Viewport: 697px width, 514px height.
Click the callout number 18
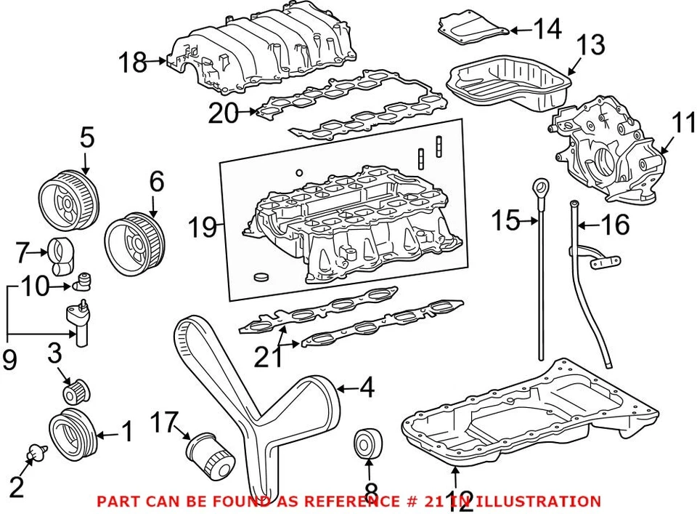(134, 63)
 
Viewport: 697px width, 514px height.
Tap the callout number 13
(591, 45)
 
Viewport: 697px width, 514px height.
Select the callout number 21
(268, 357)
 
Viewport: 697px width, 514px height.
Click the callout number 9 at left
(9, 360)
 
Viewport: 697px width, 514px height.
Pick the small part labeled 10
(86, 278)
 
